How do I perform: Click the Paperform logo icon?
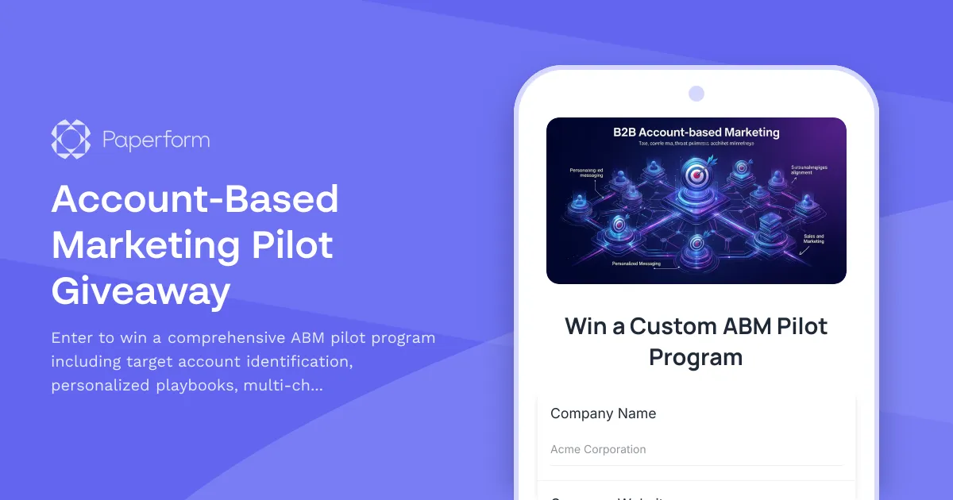(x=71, y=140)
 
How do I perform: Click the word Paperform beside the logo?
(x=156, y=140)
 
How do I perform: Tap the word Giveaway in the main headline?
(x=141, y=291)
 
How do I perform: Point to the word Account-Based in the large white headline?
(x=195, y=199)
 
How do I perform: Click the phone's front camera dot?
(x=696, y=94)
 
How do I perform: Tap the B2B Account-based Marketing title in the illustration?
(x=696, y=133)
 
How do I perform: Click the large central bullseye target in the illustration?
(x=696, y=176)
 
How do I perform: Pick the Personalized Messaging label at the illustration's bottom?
(x=632, y=263)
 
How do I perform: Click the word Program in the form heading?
(x=696, y=357)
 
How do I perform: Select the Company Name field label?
(x=603, y=413)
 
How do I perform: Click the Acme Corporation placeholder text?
(x=598, y=449)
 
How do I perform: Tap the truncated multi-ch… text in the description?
(x=285, y=386)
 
